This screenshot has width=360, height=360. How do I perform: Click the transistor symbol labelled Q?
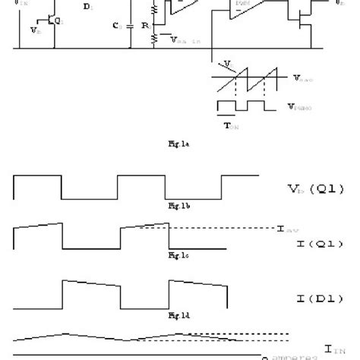pos(49,22)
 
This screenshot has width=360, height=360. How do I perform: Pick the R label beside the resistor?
pos(144,25)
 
